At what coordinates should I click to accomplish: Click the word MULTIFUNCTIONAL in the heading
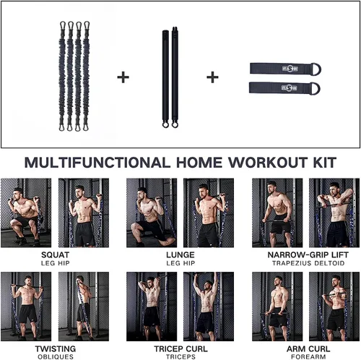[x=97, y=163]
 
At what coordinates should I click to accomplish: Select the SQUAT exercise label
[x=55, y=254]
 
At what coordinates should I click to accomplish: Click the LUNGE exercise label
[x=180, y=254]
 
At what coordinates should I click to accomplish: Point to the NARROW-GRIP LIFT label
[x=308, y=254]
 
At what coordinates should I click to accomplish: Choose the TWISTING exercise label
[x=56, y=348]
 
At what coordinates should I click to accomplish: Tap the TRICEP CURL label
[x=180, y=348]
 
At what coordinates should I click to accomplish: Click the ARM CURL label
[x=308, y=348]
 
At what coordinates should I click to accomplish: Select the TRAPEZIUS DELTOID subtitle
[x=308, y=263]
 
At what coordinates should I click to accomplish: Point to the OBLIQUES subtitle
[x=56, y=356]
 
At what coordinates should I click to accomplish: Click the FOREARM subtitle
[x=308, y=356]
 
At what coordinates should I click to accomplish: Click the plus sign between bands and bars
[x=123, y=77]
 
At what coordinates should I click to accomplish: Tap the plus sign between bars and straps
[x=212, y=77]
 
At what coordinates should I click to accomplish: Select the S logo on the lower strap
[x=290, y=88]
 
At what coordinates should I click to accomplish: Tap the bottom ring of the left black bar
[x=165, y=124]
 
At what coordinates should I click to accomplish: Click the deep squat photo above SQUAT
[x=26, y=213]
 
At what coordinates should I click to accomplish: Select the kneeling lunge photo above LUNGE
[x=152, y=213]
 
